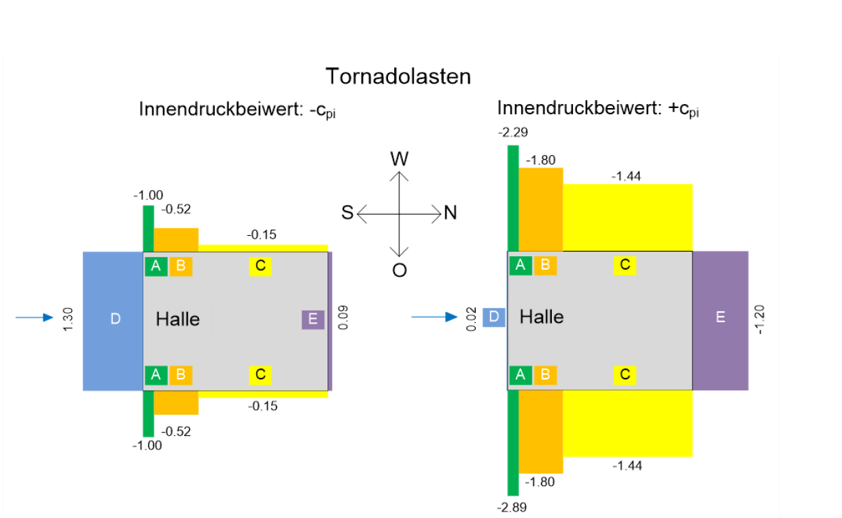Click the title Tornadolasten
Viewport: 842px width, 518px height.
[398, 76]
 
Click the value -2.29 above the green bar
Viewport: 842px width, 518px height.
[513, 133]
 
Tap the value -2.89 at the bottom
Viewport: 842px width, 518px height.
[512, 508]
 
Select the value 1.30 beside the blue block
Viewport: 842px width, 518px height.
[68, 320]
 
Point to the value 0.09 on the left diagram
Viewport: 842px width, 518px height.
[343, 317]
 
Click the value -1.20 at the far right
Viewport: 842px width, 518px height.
[759, 320]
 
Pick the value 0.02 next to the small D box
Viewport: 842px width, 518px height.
[471, 319]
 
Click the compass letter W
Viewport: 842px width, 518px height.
[399, 159]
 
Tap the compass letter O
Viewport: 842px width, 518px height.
[400, 271]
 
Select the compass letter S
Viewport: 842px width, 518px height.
[347, 212]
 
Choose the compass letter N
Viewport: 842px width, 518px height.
[451, 213]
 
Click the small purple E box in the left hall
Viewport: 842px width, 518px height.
[313, 320]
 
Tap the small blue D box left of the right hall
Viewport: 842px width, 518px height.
[494, 317]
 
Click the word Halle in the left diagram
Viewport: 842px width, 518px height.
[178, 319]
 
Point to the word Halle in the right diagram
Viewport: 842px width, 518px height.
[542, 317]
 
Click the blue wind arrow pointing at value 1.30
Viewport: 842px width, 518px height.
[34, 317]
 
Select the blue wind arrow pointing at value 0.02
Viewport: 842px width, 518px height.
[434, 317]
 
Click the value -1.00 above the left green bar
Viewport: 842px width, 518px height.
[148, 196]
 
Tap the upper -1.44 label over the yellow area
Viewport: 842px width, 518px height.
[627, 176]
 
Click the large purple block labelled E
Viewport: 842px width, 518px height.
[720, 321]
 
